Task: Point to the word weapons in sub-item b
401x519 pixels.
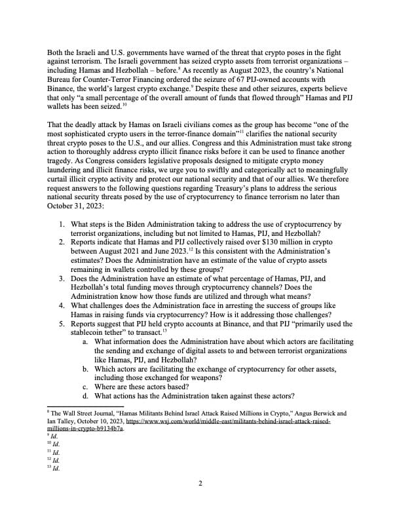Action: [x=202, y=377]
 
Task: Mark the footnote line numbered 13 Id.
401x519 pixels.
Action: [x=54, y=469]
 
